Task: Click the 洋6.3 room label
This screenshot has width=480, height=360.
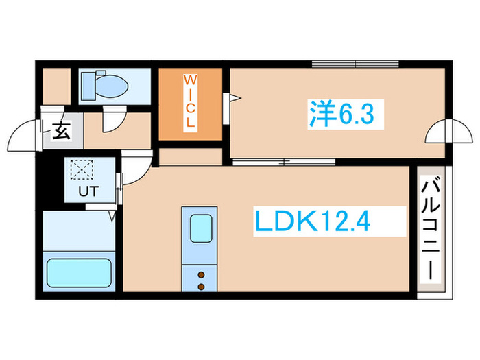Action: click(341, 113)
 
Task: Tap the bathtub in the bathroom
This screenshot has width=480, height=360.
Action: click(78, 272)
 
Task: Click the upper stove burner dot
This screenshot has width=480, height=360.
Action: click(202, 274)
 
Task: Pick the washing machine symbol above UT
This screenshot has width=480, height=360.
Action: click(82, 169)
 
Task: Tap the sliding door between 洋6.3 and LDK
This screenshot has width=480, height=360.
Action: click(283, 163)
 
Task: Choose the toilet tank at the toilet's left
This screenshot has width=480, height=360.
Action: click(88, 85)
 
